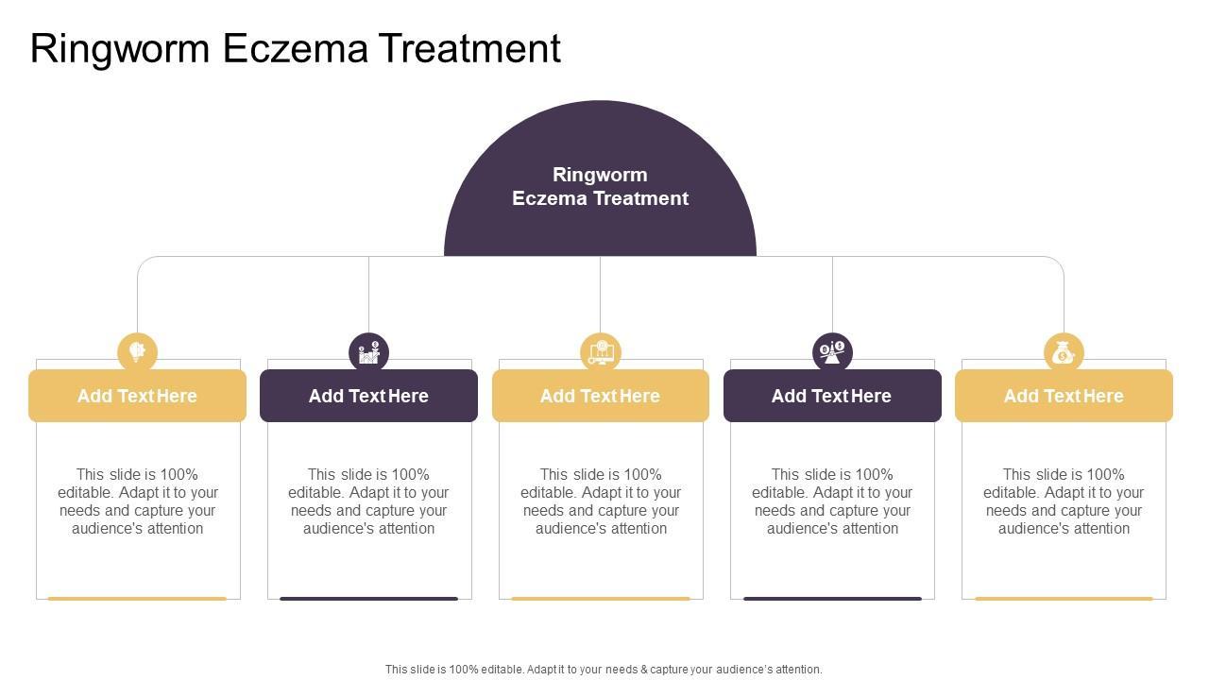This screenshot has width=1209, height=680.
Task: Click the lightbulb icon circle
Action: click(137, 352)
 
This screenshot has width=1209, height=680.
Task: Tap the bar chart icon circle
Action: click(368, 352)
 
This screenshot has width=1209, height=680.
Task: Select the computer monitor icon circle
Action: click(601, 352)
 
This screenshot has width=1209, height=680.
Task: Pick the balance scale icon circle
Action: click(832, 352)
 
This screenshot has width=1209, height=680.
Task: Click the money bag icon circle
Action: click(1064, 352)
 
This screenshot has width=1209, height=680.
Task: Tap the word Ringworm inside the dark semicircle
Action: click(600, 175)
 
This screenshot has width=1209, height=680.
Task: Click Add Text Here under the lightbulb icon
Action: click(137, 396)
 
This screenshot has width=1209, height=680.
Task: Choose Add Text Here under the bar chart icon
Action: click(368, 396)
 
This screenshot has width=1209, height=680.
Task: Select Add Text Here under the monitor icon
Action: click(600, 396)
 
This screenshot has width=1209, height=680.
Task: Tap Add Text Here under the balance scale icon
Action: click(831, 396)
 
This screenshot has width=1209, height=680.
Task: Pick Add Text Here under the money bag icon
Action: click(1064, 396)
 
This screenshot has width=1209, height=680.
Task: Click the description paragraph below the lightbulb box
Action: click(138, 501)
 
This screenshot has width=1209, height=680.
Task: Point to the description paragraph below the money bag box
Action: click(1064, 501)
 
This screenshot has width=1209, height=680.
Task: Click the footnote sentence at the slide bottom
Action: click(604, 669)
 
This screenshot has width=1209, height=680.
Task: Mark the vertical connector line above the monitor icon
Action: click(600, 293)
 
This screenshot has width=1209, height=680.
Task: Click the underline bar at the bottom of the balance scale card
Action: click(832, 598)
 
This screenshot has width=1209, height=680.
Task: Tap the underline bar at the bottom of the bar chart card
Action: click(368, 598)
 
